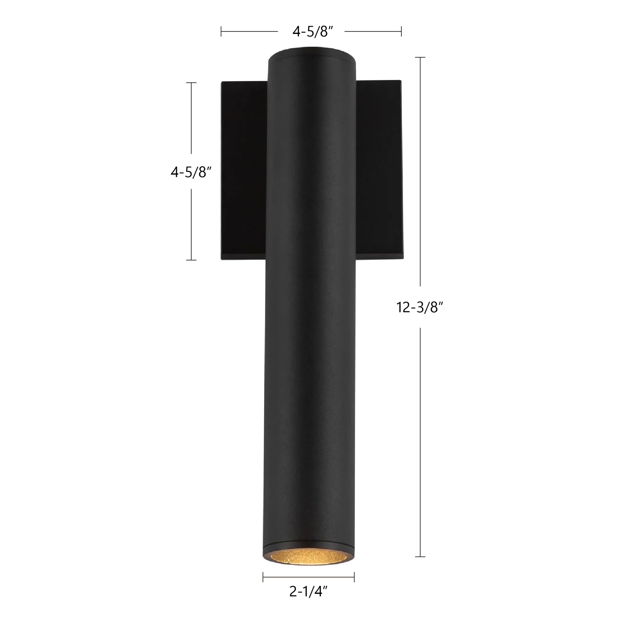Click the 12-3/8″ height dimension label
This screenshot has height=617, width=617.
[x=420, y=307]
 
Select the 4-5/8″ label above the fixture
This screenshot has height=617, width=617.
[x=313, y=32]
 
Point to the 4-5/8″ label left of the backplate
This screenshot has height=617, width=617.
[x=191, y=172]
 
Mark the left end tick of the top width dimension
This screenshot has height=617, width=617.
[x=221, y=32]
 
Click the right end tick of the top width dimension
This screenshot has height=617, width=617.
[x=401, y=32]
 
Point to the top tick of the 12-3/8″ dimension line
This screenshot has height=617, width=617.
[x=420, y=57]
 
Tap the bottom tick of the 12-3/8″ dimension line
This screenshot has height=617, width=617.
[x=420, y=566]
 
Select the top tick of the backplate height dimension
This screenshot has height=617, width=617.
[x=191, y=83]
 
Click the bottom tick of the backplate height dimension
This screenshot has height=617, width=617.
[x=191, y=260]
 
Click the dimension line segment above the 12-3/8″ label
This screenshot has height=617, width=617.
[x=420, y=172]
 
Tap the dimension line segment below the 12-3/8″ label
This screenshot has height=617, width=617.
[x=420, y=447]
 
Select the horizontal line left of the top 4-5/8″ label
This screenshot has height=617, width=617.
[x=249, y=32]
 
